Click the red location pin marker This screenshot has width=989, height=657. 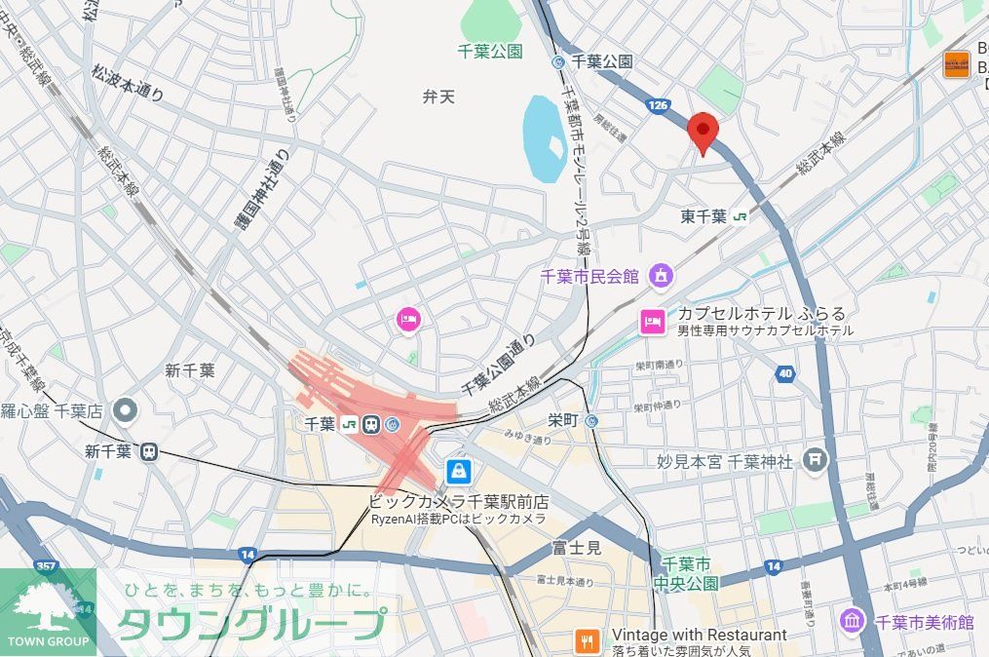(703, 132)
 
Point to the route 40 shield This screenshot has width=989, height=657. (785, 372)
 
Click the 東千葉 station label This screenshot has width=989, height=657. (704, 216)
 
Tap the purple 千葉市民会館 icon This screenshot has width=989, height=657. (662, 276)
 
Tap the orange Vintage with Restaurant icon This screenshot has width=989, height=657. (588, 641)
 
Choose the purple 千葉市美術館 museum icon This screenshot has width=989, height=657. (853, 621)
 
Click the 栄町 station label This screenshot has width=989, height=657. (563, 421)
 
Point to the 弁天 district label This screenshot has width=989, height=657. (438, 97)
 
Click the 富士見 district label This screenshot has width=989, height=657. (576, 548)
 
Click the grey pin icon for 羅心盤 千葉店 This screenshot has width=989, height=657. (124, 411)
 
